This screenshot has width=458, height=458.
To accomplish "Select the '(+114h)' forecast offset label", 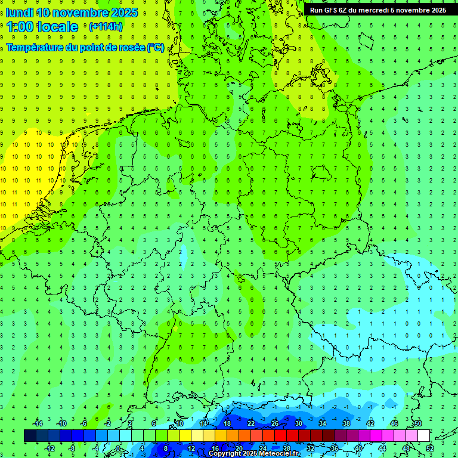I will click(x=106, y=27).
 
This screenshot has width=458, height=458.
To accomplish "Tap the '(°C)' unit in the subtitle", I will click(x=155, y=48).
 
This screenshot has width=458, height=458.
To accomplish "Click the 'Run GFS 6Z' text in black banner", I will click(x=329, y=10).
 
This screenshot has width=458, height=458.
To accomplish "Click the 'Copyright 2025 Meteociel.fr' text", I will click(x=253, y=454).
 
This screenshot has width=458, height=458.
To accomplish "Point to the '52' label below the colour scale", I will click(x=429, y=448).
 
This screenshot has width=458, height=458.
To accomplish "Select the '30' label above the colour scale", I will click(x=298, y=423).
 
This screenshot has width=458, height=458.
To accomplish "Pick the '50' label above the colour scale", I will click(x=417, y=423).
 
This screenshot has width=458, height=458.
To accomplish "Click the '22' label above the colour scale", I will click(x=250, y=423).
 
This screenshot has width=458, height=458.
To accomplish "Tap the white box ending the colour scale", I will click(x=423, y=436).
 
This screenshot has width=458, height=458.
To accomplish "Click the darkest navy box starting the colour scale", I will click(x=30, y=436).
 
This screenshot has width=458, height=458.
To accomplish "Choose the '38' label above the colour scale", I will click(x=346, y=423).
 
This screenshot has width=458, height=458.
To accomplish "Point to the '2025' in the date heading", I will click(x=121, y=13).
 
